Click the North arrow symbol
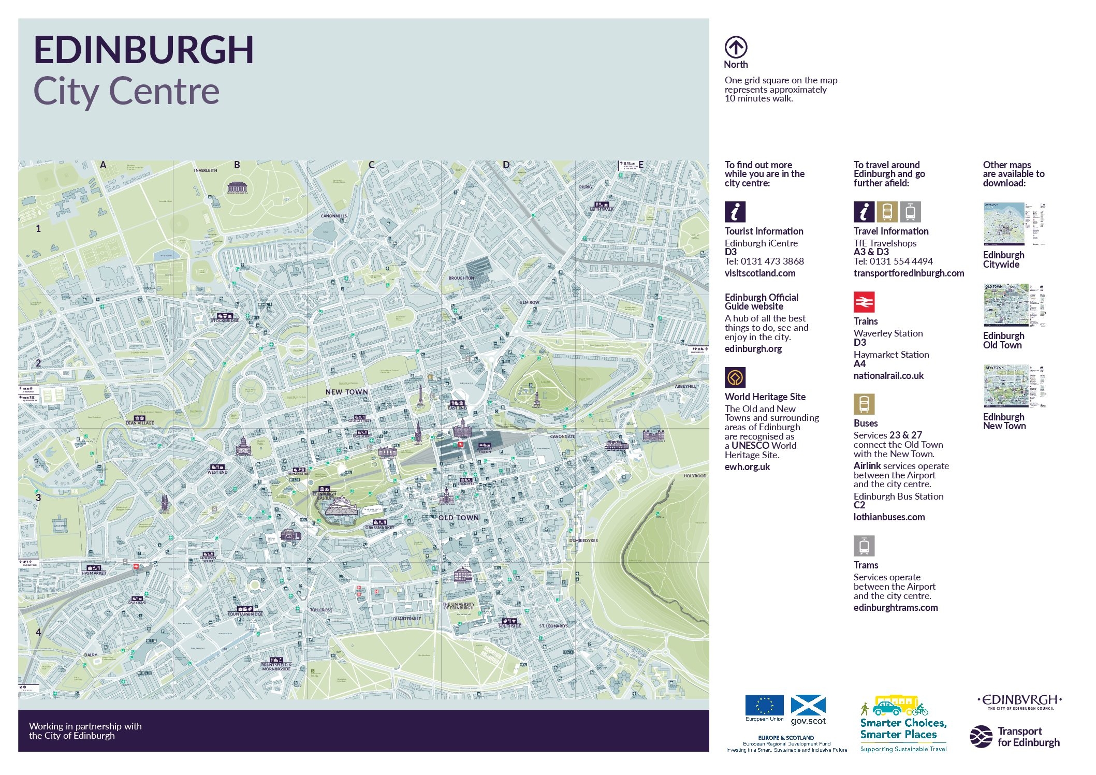pyautogui.click(x=736, y=48)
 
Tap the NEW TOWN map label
pyautogui.click(x=346, y=392)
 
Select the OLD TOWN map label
pyautogui.click(x=459, y=518)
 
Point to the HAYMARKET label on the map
pyautogui.click(x=94, y=573)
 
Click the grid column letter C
pyautogui.click(x=371, y=165)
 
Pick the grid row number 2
pyautogui.click(x=38, y=363)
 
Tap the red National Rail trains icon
pyautogui.click(x=864, y=302)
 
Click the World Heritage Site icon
pyautogui.click(x=735, y=378)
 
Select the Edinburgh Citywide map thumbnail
pyautogui.click(x=1014, y=224)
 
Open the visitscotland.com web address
pyautogui.click(x=759, y=273)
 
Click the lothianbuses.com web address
pyautogui.click(x=888, y=517)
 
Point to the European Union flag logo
pyautogui.click(x=764, y=706)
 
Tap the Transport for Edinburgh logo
pyautogui.click(x=1015, y=737)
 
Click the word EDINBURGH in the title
pyautogui.click(x=143, y=50)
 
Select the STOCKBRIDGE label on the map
pyautogui.click(x=225, y=320)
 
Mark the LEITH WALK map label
pyautogui.click(x=602, y=209)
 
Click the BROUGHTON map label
pyautogui.click(x=461, y=278)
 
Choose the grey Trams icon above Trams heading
pyautogui.click(x=864, y=546)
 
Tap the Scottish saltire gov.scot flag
pyautogui.click(x=808, y=706)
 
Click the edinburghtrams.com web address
pyautogui.click(x=895, y=608)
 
